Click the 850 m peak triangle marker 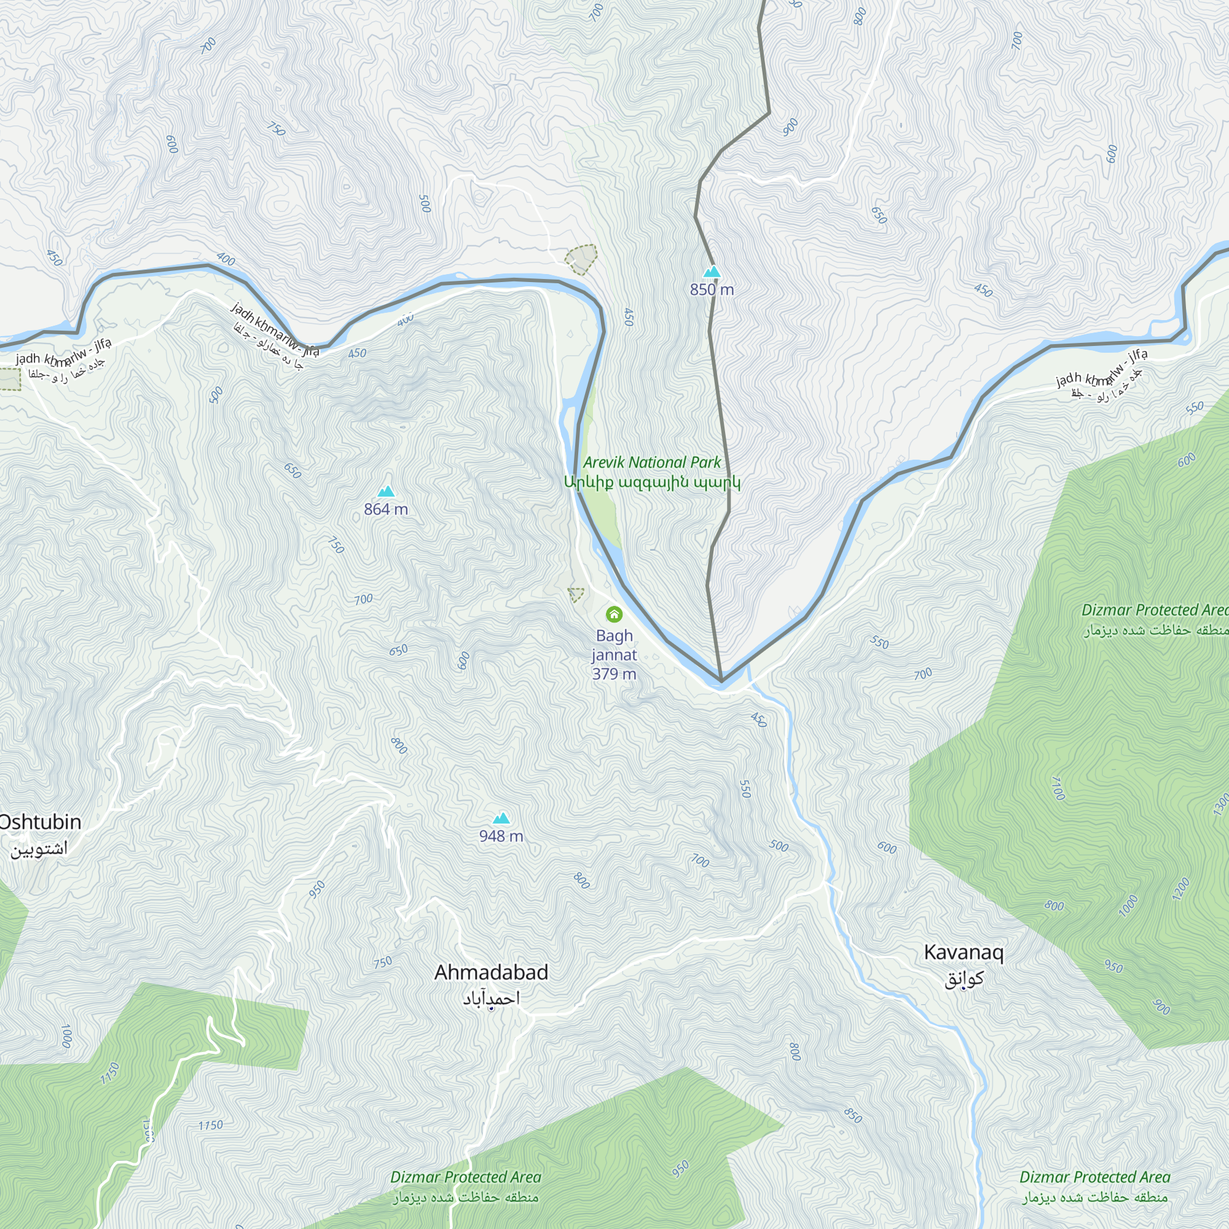pyautogui.click(x=712, y=272)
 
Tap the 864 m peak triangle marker pyautogui.click(x=386, y=491)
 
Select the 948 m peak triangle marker pyautogui.click(x=501, y=818)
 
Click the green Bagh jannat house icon pyautogui.click(x=614, y=614)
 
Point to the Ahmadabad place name pyautogui.click(x=491, y=973)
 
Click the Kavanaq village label pyautogui.click(x=963, y=952)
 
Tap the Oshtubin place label pyautogui.click(x=39, y=822)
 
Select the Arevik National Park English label pyautogui.click(x=652, y=463)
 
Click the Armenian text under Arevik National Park pyautogui.click(x=652, y=482)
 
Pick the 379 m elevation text pyautogui.click(x=614, y=674)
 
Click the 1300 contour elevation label pyautogui.click(x=1221, y=806)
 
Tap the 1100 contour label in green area pyautogui.click(x=1057, y=788)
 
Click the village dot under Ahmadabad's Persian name pyautogui.click(x=491, y=1008)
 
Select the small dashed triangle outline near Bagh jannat pyautogui.click(x=575, y=595)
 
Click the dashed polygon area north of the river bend pyautogui.click(x=581, y=259)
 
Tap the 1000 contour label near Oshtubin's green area pyautogui.click(x=66, y=1036)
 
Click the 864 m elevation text pyautogui.click(x=386, y=509)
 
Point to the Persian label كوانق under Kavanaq pyautogui.click(x=964, y=979)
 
